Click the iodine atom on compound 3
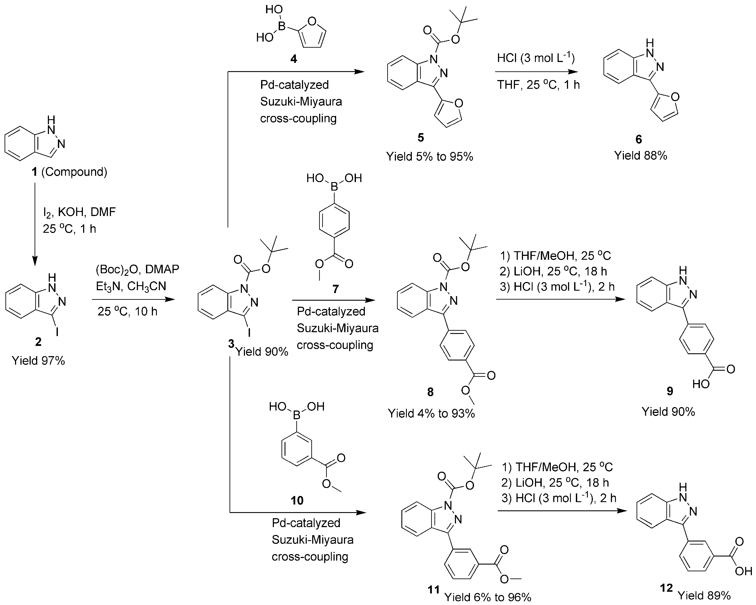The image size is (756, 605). [x=249, y=332]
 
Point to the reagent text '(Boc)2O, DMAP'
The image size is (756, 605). [x=137, y=269]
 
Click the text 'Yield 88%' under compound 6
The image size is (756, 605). [x=640, y=155]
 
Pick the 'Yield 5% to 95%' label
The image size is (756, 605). [x=429, y=156]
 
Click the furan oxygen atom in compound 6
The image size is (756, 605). [x=676, y=97]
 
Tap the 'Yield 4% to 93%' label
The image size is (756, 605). [x=431, y=414]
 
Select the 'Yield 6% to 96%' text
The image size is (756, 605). [x=487, y=597]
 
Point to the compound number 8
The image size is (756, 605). [x=430, y=392]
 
